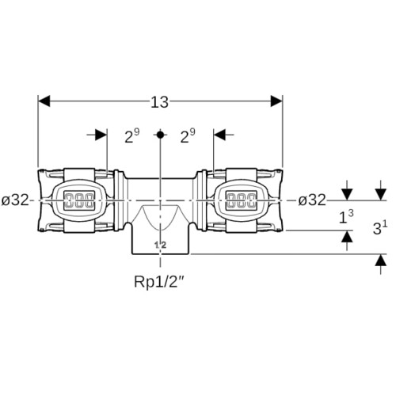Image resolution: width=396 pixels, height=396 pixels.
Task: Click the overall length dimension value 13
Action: (159, 102)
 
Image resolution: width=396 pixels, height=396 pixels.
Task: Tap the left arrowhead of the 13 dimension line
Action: (44, 101)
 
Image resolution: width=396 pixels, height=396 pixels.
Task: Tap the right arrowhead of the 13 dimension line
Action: (276, 101)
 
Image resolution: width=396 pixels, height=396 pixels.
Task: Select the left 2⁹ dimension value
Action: (132, 135)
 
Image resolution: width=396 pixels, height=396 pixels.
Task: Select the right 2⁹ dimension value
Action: (188, 135)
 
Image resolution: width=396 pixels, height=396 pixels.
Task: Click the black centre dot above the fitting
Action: (160, 135)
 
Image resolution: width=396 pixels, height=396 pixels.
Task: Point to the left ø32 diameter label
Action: (15, 200)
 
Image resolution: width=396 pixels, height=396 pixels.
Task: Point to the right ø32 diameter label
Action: (312, 200)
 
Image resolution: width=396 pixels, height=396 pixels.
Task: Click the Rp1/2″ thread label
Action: (159, 282)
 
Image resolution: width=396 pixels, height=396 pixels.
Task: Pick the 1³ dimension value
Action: (346, 217)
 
